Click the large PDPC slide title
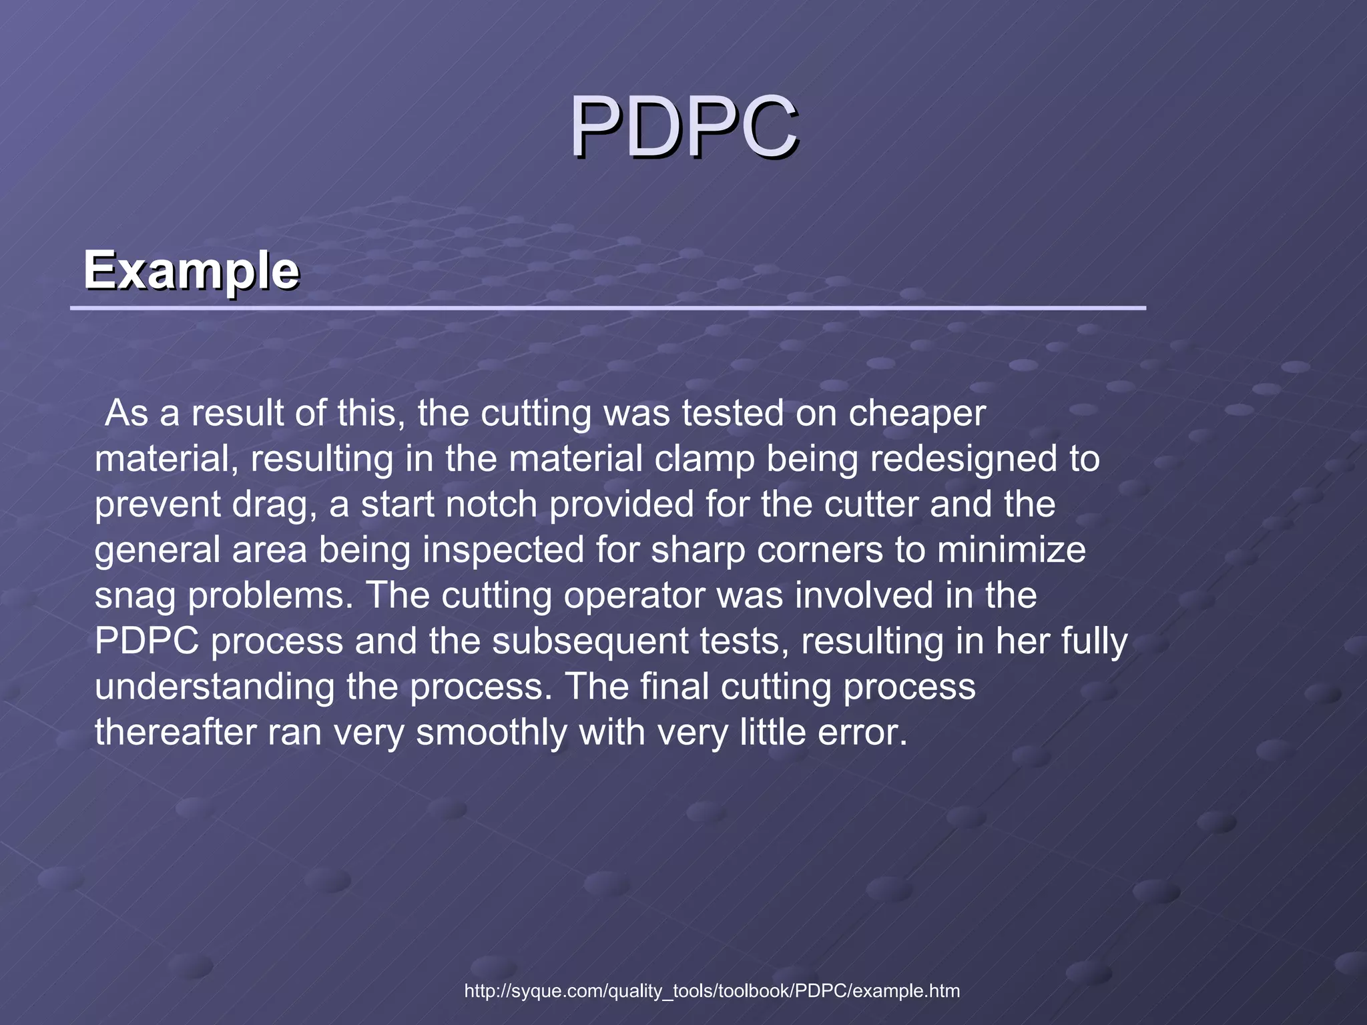pos(683,127)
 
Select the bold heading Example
pos(191,270)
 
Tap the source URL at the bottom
pos(712,991)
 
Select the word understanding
pos(214,687)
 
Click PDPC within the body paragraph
pos(147,641)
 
